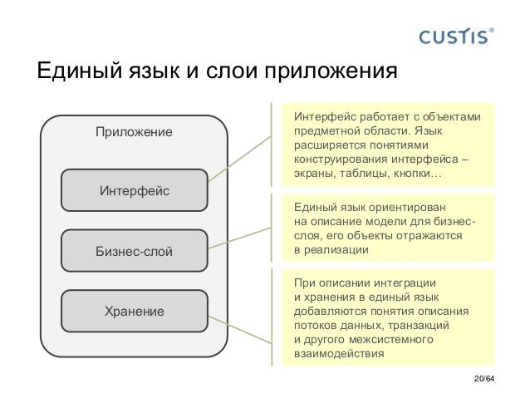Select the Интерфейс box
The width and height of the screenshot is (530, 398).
(x=135, y=191)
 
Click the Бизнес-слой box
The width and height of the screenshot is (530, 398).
(x=135, y=251)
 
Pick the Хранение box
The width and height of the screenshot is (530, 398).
(x=135, y=312)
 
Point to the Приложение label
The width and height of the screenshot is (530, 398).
(x=134, y=132)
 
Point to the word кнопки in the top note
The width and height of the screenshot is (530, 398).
(x=422, y=175)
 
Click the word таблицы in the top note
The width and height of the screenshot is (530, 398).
(x=366, y=175)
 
